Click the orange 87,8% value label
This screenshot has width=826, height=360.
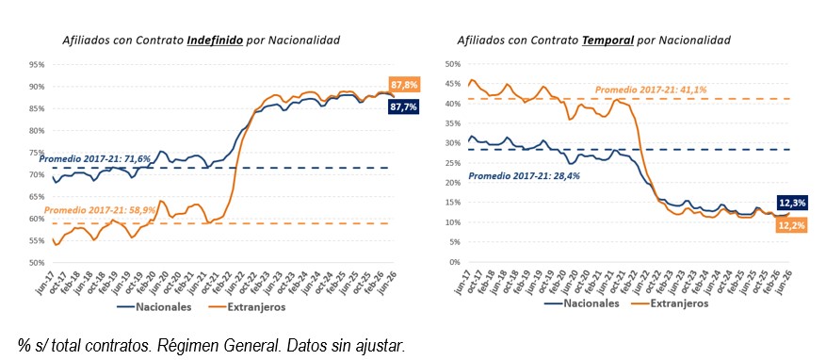(x=404, y=84)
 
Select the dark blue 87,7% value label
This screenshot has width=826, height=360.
(x=403, y=107)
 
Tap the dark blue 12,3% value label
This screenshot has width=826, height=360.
(x=792, y=203)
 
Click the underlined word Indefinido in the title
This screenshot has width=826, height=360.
(x=215, y=41)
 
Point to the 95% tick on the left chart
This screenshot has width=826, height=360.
(x=37, y=64)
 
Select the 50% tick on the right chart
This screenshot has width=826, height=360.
(x=453, y=64)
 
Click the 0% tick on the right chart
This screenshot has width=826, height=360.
(x=456, y=262)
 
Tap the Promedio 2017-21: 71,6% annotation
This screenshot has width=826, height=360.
(x=95, y=158)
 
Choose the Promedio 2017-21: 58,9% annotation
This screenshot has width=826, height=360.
(x=100, y=209)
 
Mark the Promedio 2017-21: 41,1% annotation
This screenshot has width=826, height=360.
(x=651, y=90)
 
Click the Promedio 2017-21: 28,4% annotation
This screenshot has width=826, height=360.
(x=525, y=175)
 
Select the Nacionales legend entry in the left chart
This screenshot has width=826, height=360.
(x=154, y=307)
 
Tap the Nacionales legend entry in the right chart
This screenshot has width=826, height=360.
(x=582, y=303)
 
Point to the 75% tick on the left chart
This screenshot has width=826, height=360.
(x=37, y=153)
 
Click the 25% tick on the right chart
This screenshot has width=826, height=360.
(x=453, y=163)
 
